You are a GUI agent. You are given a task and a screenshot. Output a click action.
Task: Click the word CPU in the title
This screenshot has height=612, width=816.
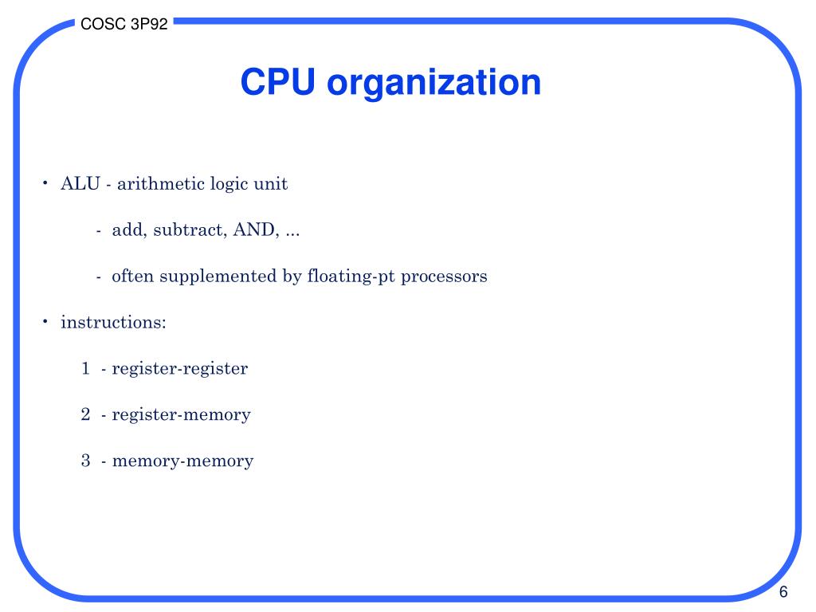click(x=278, y=82)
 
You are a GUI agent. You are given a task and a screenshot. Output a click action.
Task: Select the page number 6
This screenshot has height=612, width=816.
click(x=783, y=592)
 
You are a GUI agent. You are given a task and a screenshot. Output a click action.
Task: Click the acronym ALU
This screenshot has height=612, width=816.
click(x=80, y=184)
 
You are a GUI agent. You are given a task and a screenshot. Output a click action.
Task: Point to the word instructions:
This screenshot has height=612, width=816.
click(x=113, y=323)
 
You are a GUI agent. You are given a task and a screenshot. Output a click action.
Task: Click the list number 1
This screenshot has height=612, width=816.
click(x=85, y=369)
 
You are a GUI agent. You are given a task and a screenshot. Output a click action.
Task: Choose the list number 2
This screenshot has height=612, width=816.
click(x=85, y=414)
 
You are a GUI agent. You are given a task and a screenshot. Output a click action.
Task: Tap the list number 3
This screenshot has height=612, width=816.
click(x=85, y=461)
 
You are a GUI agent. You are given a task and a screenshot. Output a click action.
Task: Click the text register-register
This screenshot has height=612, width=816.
click(x=180, y=369)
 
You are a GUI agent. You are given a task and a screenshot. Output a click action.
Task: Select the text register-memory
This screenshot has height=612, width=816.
click(x=182, y=414)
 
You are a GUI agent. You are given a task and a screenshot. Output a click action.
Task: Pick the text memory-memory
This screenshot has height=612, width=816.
click(x=183, y=461)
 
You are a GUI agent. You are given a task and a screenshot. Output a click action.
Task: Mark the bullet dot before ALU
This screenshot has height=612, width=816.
click(x=45, y=183)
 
